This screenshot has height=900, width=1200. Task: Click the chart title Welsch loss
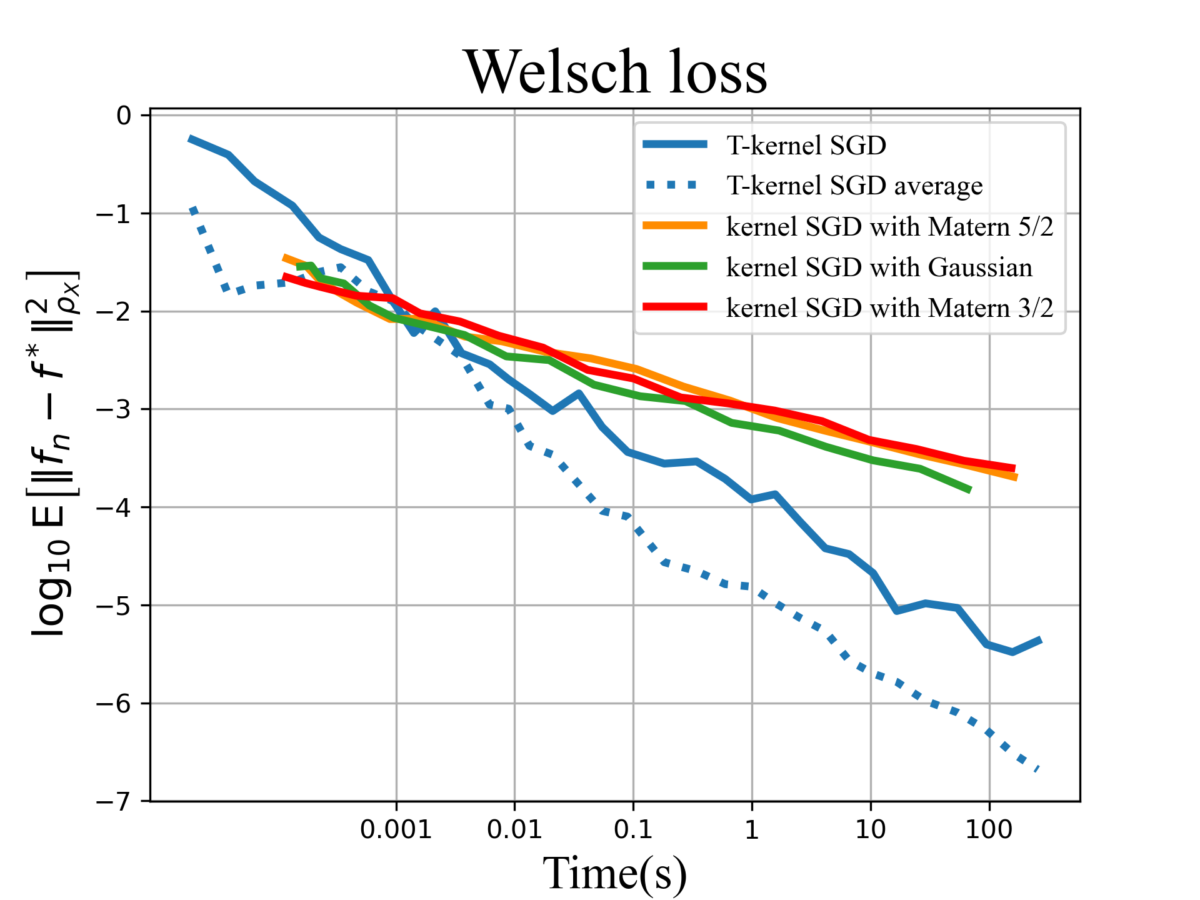pyautogui.click(x=615, y=72)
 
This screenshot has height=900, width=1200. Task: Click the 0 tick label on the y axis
pyautogui.click(x=124, y=116)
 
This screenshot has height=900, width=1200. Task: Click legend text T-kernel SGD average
pyautogui.click(x=854, y=186)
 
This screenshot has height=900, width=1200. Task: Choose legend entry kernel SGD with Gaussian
pyautogui.click(x=879, y=267)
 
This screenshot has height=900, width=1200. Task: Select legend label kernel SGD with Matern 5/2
pyautogui.click(x=889, y=226)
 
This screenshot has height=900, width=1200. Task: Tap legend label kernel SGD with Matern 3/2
pyautogui.click(x=889, y=307)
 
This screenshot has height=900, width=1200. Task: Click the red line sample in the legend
pyautogui.click(x=675, y=307)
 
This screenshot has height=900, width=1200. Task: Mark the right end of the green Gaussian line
pyautogui.click(x=970, y=490)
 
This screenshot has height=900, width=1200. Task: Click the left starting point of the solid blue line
pyautogui.click(x=190, y=139)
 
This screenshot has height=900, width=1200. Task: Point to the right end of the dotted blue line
pyautogui.click(x=1037, y=770)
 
